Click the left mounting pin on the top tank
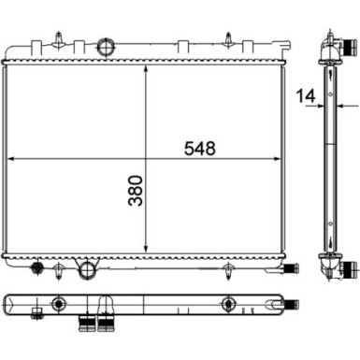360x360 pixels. tap(59, 39)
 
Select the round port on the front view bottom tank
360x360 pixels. tap(88, 271)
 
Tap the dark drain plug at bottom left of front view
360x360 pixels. tap(37, 269)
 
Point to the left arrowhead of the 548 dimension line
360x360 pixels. tap(12, 160)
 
